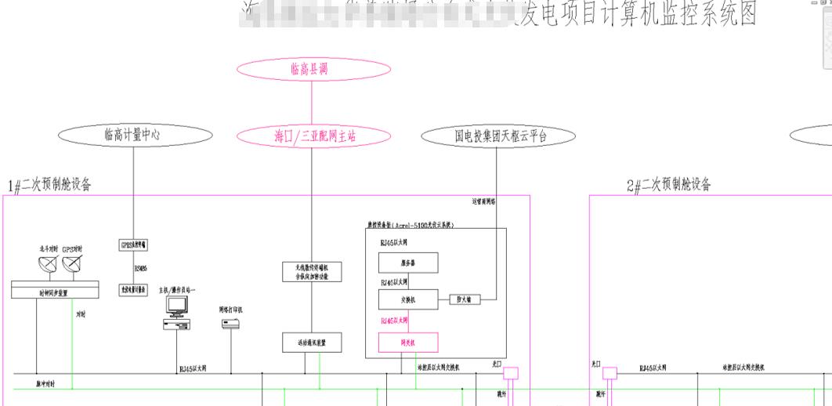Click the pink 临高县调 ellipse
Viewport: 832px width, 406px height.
click(312, 69)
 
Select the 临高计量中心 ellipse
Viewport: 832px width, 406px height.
click(133, 135)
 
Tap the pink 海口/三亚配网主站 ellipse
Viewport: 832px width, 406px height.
click(312, 136)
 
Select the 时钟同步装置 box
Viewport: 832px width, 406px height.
click(54, 291)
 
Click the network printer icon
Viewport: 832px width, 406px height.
click(230, 323)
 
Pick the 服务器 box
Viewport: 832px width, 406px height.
click(408, 263)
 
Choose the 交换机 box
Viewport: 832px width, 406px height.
click(408, 299)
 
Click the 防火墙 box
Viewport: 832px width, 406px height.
click(464, 299)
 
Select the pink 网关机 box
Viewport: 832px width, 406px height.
click(408, 343)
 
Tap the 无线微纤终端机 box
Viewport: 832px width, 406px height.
click(311, 272)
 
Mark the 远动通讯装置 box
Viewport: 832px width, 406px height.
click(311, 343)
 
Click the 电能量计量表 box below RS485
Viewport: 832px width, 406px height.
click(135, 289)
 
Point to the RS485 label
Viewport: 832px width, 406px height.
click(141, 267)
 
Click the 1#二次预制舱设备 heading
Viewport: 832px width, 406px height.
click(50, 186)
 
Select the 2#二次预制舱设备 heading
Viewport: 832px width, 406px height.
click(670, 185)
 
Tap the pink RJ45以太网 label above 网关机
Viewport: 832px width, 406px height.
click(394, 321)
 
